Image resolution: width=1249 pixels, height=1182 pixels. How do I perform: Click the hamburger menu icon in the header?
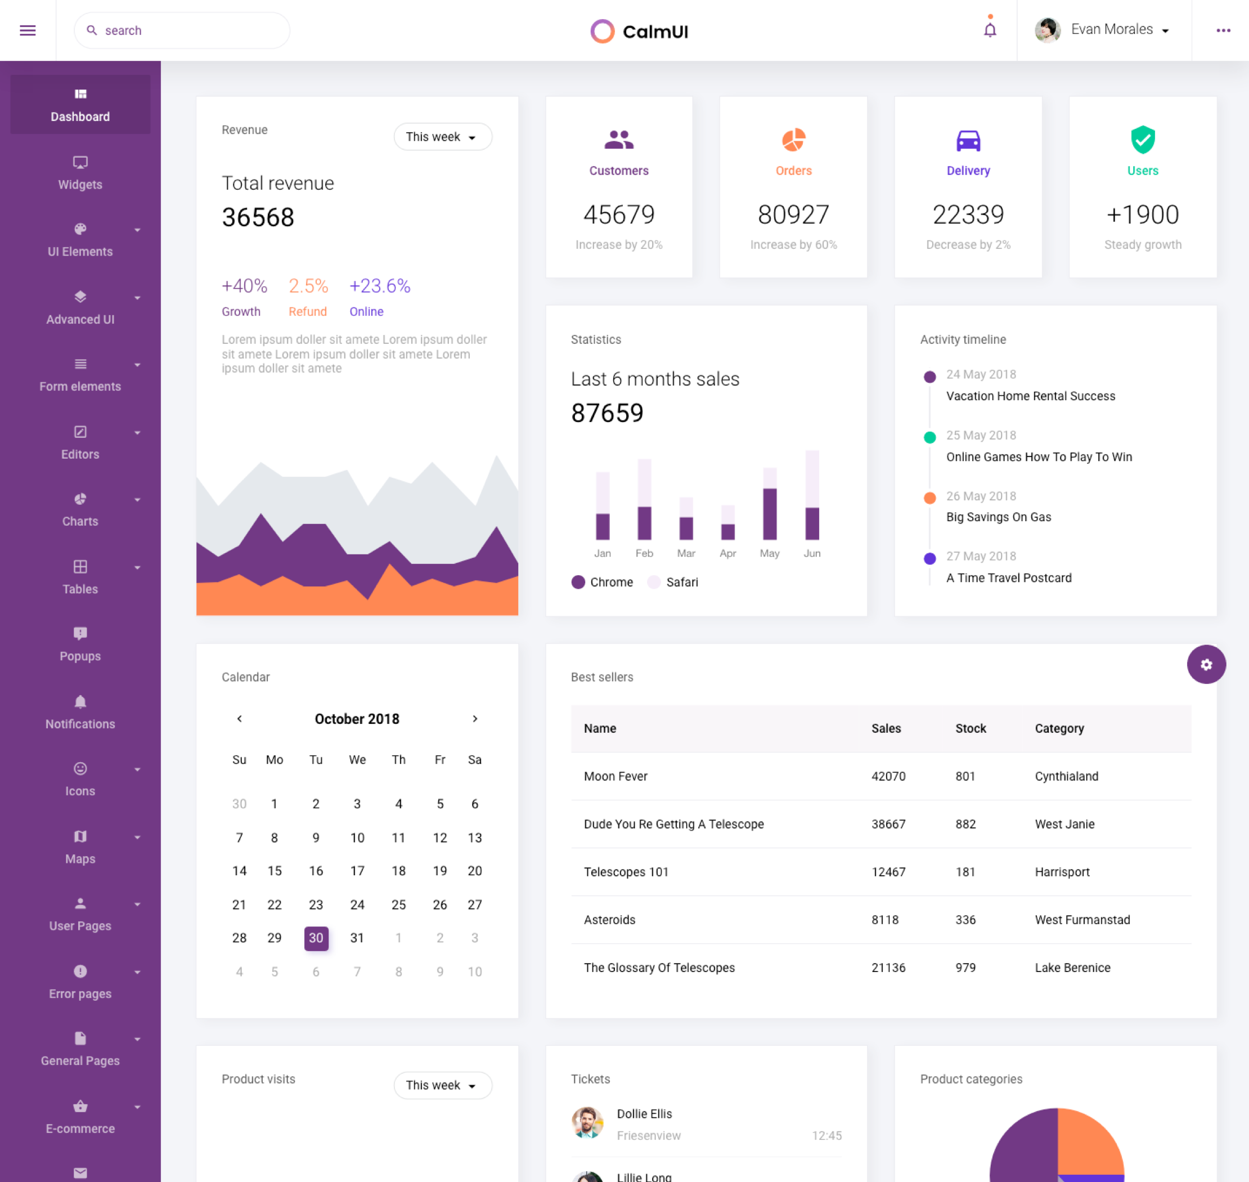pos(28,30)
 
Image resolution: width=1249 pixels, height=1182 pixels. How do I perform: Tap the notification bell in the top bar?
pos(990,30)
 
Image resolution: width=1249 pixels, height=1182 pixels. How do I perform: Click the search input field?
pos(183,30)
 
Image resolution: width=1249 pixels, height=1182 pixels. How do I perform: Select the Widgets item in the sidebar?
pos(80,173)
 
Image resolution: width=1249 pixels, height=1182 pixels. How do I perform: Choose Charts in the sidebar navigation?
pos(80,510)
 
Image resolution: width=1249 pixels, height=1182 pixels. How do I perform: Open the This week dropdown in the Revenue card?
pos(442,137)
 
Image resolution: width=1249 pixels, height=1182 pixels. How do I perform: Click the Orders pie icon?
pos(793,140)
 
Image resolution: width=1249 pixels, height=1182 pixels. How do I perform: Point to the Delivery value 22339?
pos(968,215)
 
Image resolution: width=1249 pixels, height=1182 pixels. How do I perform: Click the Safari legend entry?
pos(673,582)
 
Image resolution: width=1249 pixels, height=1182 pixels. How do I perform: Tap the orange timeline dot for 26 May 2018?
pos(929,498)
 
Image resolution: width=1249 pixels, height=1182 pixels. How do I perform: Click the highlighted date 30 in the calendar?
pos(316,938)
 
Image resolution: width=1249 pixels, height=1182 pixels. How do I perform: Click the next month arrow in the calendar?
pos(475,718)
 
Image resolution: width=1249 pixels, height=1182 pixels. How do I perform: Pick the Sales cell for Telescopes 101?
pos(888,871)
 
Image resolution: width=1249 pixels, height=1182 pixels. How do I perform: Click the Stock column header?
pos(970,728)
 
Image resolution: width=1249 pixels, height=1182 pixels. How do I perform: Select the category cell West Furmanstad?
pos(1081,919)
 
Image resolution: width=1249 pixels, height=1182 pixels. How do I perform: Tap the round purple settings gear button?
pos(1206,664)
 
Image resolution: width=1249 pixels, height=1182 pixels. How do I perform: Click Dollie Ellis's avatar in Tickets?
pos(587,1123)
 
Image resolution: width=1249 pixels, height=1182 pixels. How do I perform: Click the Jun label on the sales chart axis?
pos(811,553)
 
